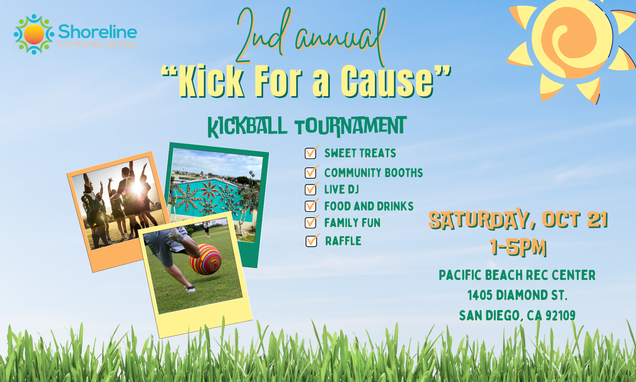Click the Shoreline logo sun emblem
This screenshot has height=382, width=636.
[34, 34]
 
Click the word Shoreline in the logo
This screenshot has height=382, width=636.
[97, 32]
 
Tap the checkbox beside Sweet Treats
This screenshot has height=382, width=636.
[310, 153]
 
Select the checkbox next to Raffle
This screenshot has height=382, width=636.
[311, 241]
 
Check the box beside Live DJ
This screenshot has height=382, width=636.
[310, 189]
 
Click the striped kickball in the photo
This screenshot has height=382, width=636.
[205, 259]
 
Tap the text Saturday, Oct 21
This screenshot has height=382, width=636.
[518, 220]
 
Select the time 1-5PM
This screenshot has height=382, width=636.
[518, 247]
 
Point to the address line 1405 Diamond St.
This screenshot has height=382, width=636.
[517, 295]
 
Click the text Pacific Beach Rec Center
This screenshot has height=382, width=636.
[517, 275]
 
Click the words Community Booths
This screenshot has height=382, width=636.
[373, 173]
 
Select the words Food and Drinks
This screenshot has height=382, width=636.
[369, 206]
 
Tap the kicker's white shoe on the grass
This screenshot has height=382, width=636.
[190, 289]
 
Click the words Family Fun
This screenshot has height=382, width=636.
[352, 223]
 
